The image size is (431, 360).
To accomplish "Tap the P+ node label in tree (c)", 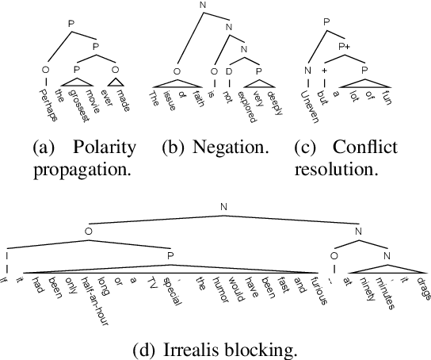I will point(344,47).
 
